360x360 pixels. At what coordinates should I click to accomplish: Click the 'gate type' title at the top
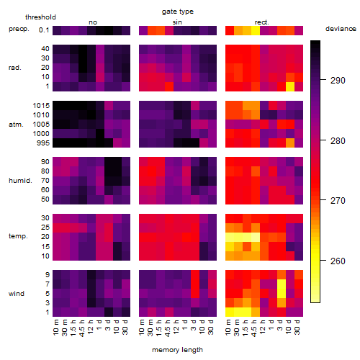(x=178, y=12)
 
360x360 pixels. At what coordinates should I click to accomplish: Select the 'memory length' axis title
(x=177, y=350)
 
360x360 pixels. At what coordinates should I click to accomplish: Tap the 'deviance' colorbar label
(x=341, y=29)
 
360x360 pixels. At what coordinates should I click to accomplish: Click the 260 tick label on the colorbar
(x=338, y=261)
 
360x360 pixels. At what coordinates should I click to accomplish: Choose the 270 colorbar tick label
(x=338, y=200)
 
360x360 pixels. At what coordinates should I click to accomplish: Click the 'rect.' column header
(x=262, y=22)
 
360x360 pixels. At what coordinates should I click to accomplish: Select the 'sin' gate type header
(x=177, y=22)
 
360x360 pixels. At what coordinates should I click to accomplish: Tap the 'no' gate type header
(x=93, y=22)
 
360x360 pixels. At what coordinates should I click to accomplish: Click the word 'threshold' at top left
(x=40, y=17)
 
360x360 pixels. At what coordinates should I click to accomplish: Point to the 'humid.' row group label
(x=20, y=181)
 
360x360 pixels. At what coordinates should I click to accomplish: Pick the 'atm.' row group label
(x=16, y=125)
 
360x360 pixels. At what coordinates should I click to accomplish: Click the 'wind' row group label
(x=17, y=294)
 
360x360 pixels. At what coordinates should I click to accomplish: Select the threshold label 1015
(x=41, y=106)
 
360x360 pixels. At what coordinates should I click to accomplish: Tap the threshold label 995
(x=43, y=143)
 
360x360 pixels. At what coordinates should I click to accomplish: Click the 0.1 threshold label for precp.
(x=44, y=30)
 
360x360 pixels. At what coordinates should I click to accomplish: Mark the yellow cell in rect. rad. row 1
(x=290, y=86)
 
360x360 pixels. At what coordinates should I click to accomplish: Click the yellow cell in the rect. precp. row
(x=256, y=30)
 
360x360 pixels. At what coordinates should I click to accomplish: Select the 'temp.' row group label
(x=18, y=236)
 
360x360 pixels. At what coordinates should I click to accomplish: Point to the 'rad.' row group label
(x=15, y=68)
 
